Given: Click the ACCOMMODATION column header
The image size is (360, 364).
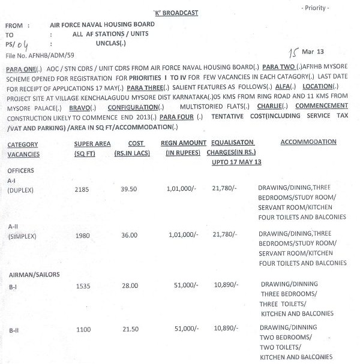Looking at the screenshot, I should [x=308, y=142].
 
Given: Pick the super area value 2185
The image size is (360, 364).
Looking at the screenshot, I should [x=82, y=190].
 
